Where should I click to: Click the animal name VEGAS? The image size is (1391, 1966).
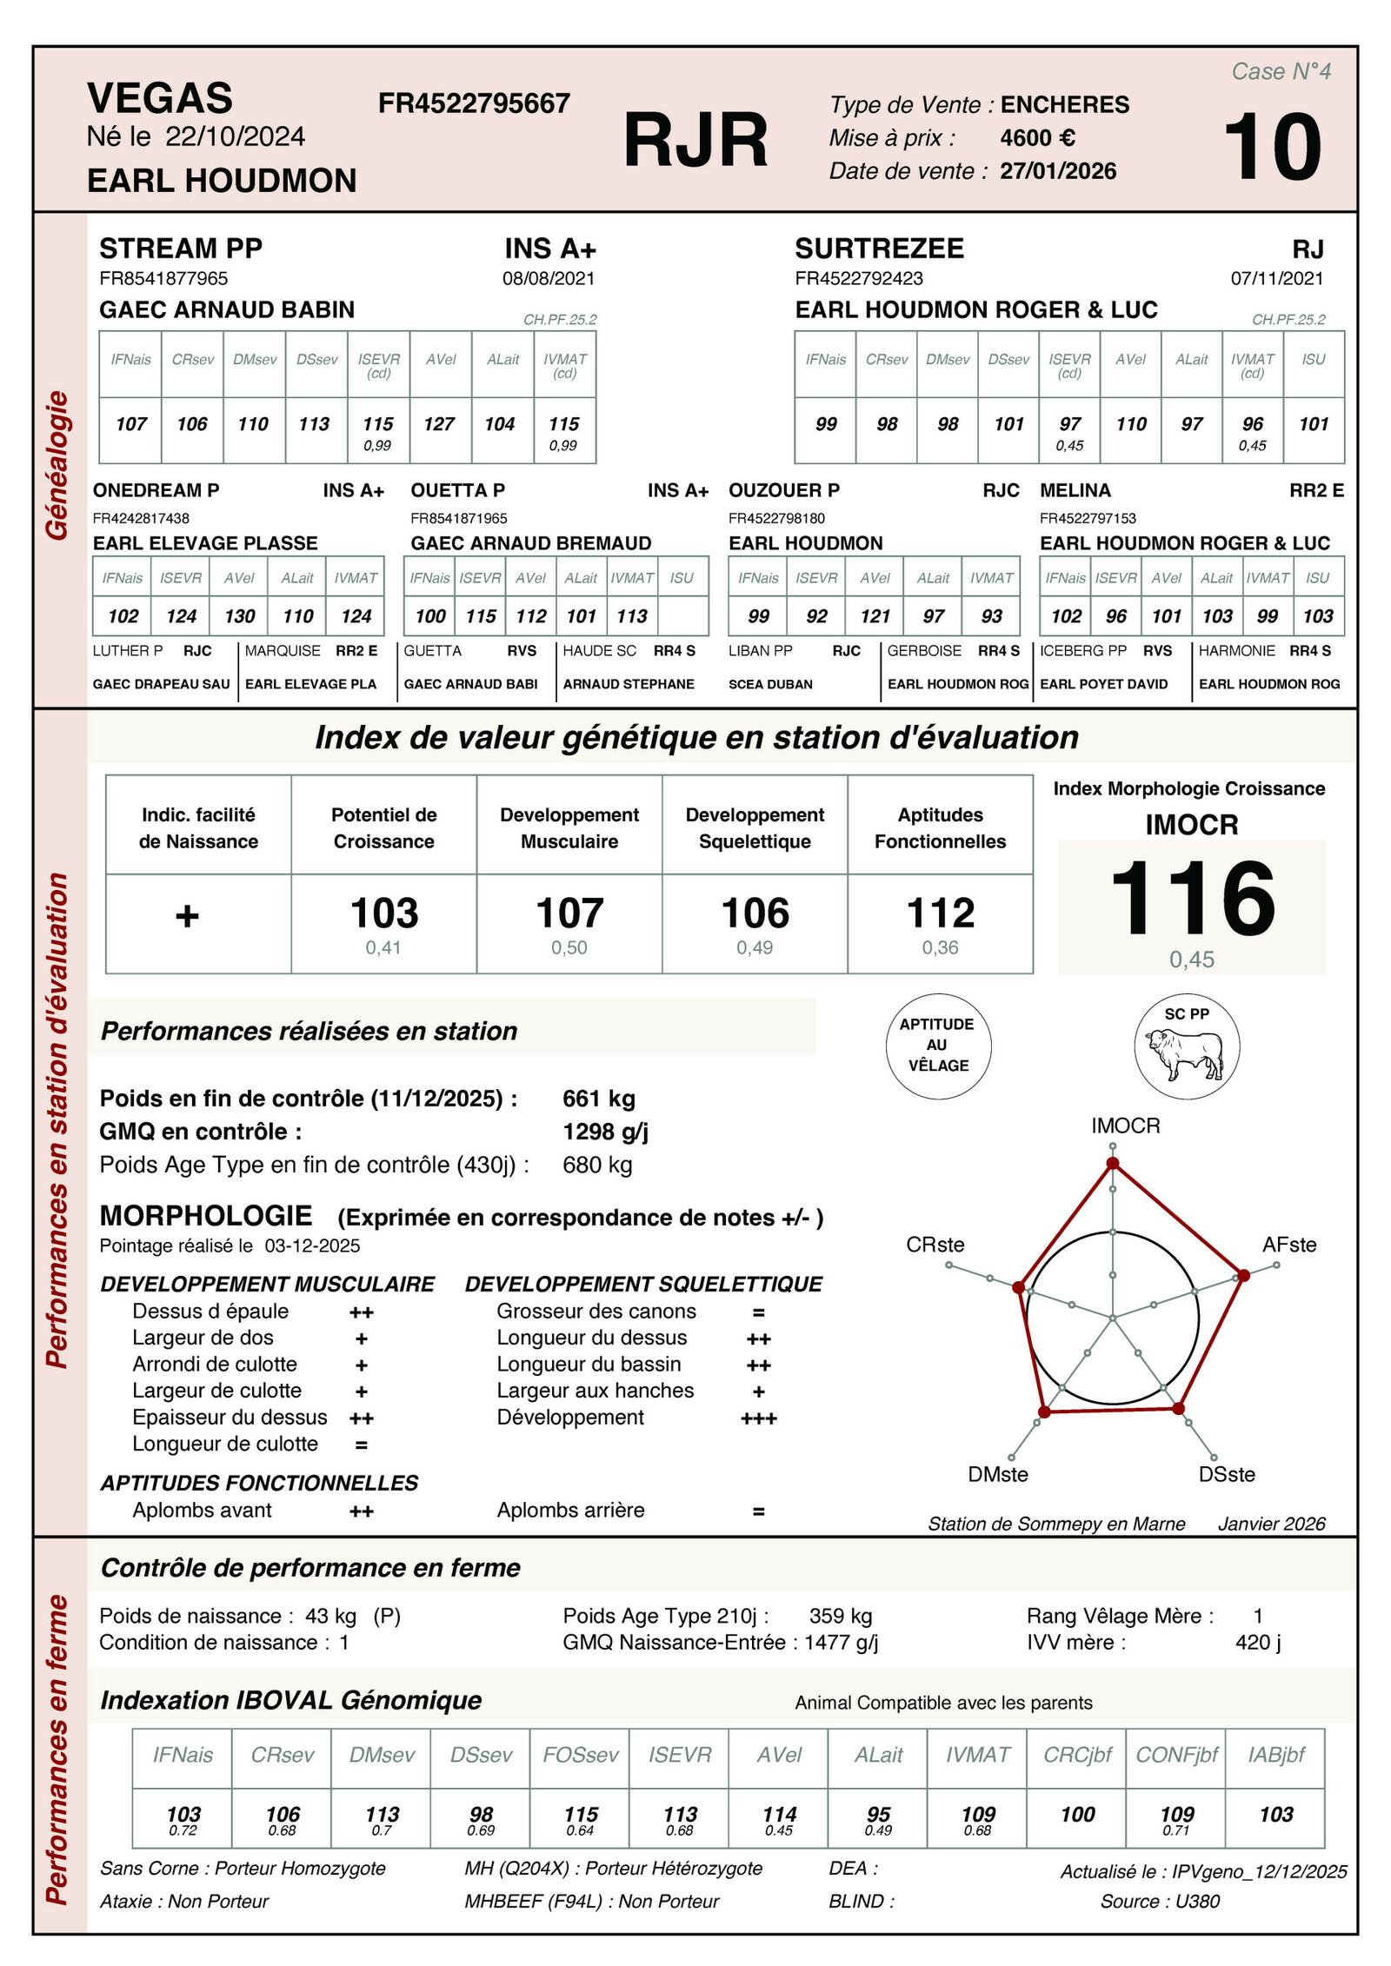160,98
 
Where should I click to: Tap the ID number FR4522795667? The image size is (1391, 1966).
474,104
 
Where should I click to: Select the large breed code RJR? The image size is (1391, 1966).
695,141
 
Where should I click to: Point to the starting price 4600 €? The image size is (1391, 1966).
1037,138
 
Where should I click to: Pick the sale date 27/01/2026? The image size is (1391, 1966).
1058,171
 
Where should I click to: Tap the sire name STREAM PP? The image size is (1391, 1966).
181,249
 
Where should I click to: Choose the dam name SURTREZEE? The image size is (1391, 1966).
879,249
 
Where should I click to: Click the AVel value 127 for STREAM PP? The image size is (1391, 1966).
439,424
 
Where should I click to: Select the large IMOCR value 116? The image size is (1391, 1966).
1192,899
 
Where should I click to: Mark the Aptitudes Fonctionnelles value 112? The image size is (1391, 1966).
941,913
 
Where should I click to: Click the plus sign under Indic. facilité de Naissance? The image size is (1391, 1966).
187,916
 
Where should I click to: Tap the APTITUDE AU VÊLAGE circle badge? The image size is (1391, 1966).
938,1045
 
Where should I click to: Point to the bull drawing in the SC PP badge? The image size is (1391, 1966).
1185,1054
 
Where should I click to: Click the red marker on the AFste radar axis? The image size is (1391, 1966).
1243,1275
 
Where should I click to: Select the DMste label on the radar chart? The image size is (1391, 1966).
998,1474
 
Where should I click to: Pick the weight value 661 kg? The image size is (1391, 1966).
599,1099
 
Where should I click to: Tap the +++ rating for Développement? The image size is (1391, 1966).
758,1419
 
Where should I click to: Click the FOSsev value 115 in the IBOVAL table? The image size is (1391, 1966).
581,1815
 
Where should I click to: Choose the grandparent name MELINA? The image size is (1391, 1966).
1075,491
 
